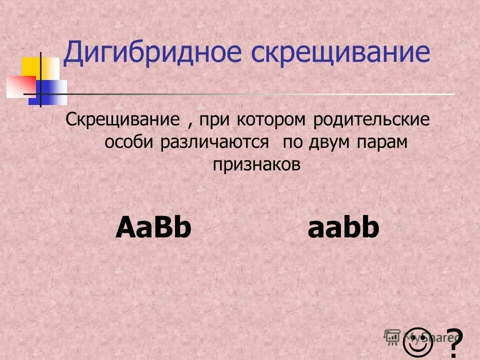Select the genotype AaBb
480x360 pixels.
(x=153, y=228)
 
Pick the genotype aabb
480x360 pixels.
(x=343, y=228)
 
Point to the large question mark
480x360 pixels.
(x=453, y=342)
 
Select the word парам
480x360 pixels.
(x=383, y=142)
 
